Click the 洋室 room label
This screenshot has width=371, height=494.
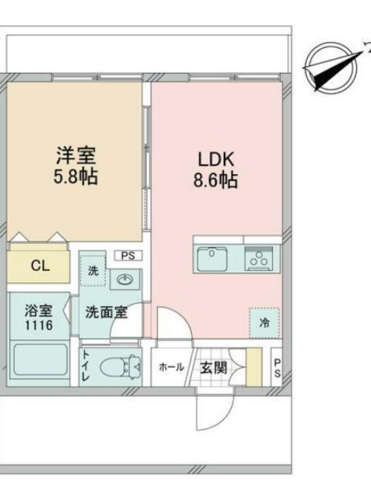75,155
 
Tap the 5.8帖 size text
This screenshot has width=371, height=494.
75,177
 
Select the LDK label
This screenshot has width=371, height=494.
216,159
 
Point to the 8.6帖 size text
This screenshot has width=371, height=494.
215,180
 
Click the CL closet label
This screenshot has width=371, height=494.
40,266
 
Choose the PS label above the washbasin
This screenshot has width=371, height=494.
128,256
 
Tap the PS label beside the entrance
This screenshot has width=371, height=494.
277,367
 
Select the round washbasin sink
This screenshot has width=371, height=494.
126,279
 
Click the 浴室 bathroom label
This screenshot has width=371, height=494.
39,311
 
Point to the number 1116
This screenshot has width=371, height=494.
39,325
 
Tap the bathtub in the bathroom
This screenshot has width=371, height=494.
40,359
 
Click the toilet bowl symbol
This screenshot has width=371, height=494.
120,367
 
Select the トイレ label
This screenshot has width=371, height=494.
86,366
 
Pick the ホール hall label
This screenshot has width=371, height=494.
171,367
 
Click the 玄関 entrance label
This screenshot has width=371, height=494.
214,367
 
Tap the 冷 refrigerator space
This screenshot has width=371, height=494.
264,323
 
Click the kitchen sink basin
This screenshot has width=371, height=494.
212,259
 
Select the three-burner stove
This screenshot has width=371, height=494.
259,258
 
